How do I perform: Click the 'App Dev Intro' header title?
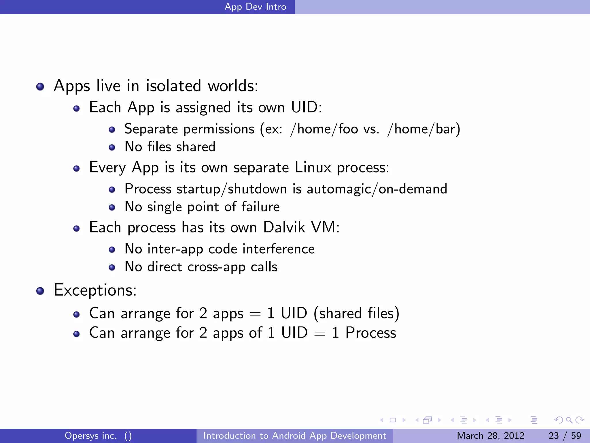255,7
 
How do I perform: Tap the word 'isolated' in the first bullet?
173,86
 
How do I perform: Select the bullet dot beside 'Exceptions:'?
40,291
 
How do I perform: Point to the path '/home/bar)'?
423,129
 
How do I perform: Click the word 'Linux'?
313,168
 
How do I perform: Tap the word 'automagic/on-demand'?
377,189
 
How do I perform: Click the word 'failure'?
260,207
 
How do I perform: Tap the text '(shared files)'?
356,314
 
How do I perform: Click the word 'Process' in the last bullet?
371,333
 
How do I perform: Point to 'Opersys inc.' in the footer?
91,436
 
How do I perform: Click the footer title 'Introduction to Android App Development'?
295,436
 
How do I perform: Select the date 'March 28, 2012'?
490,436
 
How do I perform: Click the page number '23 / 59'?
565,436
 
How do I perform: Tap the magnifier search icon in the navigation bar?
569,420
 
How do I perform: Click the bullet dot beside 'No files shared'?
112,148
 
